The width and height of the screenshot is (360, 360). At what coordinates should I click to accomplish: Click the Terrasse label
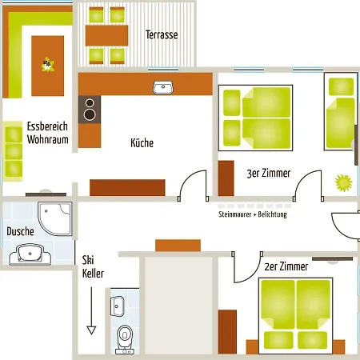[162, 34]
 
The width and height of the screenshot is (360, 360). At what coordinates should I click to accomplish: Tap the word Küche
[142, 143]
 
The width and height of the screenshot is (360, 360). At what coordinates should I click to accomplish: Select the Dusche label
[20, 231]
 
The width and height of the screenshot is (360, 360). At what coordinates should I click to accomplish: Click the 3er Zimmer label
[269, 173]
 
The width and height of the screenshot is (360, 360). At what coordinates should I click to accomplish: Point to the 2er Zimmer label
[286, 266]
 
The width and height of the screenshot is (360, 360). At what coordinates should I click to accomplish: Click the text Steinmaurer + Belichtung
[253, 214]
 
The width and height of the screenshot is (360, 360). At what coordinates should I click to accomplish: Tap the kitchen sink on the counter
[163, 87]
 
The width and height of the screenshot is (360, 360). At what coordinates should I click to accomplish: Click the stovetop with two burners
[90, 110]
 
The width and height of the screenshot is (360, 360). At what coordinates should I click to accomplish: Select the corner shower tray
[55, 218]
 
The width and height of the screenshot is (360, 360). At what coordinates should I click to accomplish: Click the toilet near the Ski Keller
[125, 339]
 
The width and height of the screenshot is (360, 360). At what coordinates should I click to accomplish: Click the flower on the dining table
[48, 65]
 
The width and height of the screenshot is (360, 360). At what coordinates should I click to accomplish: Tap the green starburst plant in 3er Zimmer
[343, 183]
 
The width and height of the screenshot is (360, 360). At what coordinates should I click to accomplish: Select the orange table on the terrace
[106, 36]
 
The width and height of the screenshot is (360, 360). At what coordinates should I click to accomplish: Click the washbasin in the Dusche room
[30, 254]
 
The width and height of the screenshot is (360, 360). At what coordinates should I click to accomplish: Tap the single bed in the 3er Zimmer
[341, 112]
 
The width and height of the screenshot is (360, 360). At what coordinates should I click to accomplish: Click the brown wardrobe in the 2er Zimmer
[227, 332]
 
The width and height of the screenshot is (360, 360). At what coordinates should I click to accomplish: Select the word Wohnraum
[48, 139]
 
